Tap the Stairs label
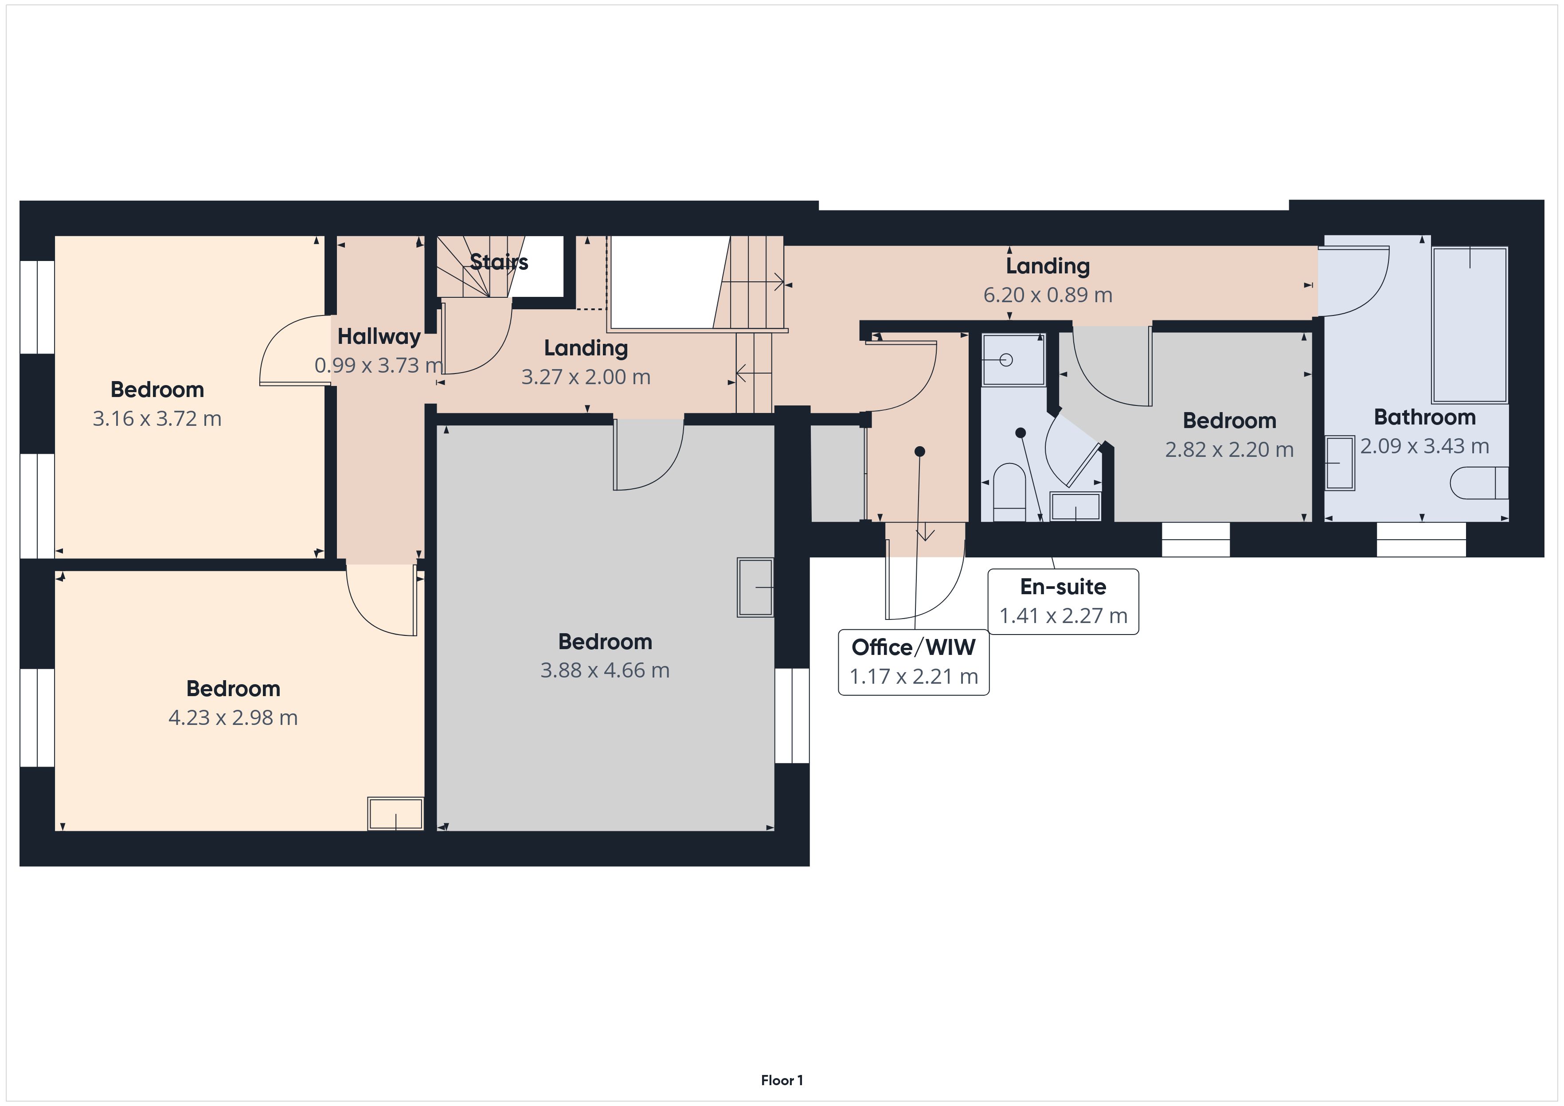(499, 261)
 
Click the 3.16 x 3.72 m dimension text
(157, 418)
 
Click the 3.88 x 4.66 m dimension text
(605, 670)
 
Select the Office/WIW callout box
(914, 662)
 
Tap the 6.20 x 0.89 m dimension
(1048, 295)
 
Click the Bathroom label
(1424, 417)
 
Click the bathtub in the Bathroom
(1469, 325)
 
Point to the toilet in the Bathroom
(1479, 483)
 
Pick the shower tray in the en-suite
(1013, 360)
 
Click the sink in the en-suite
(1075, 506)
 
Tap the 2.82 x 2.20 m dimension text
(1230, 449)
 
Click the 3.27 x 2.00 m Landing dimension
(586, 377)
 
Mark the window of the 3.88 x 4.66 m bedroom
(792, 716)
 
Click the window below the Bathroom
(1421, 539)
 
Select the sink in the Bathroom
(1339, 463)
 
